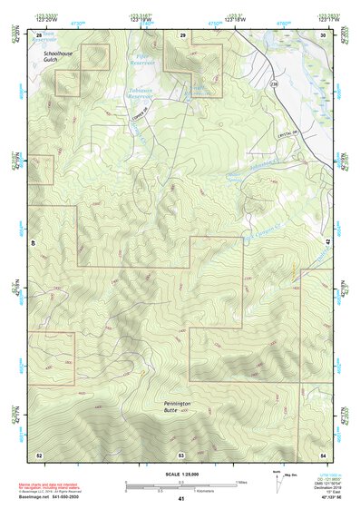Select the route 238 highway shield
coord(271,83)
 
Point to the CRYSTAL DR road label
coord(289,132)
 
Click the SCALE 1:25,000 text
coord(181,474)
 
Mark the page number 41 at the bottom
coord(181,499)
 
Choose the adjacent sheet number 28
coord(39,34)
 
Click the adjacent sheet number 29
coord(181,34)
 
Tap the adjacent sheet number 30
coord(323,34)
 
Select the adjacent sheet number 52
coord(39,454)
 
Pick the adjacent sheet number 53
coord(181,454)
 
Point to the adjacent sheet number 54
coord(323,454)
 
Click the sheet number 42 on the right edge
coord(326,243)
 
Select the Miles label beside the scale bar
coord(241,482)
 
